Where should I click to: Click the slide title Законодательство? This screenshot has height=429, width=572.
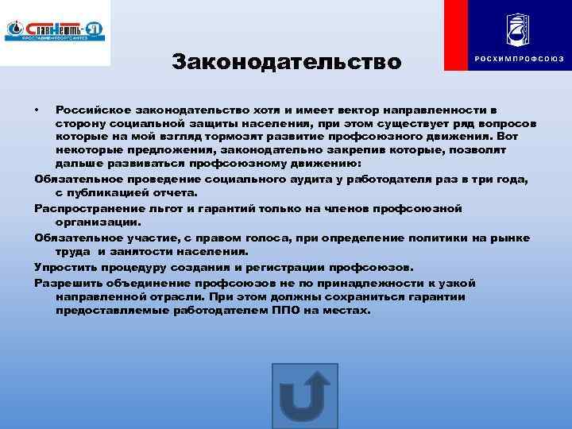(287, 61)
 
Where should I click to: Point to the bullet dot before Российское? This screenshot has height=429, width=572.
(37, 107)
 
